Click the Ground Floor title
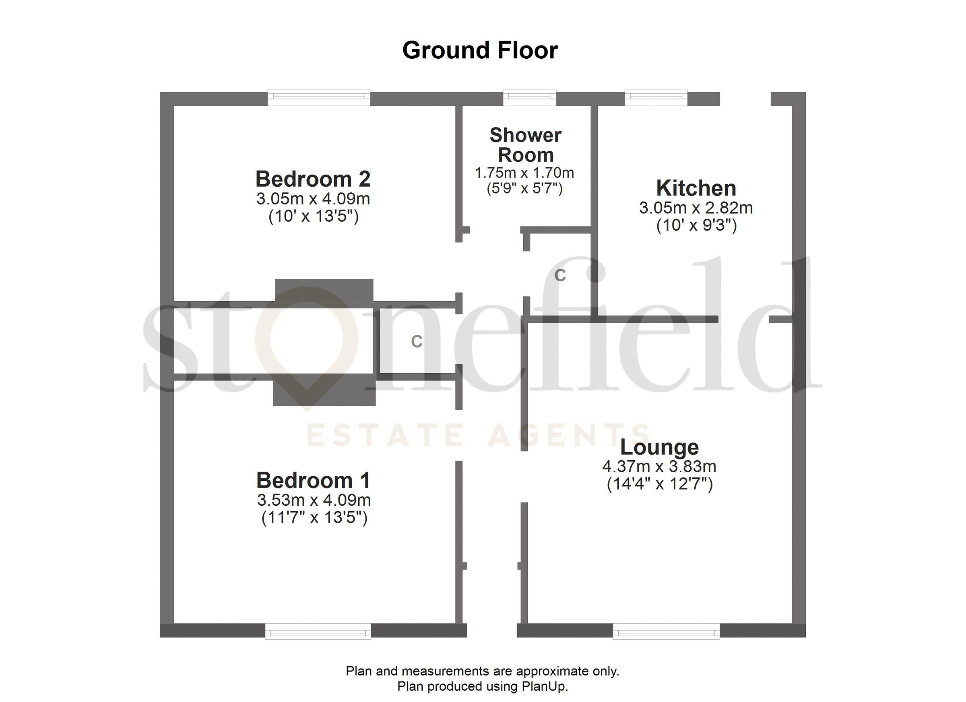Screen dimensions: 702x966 point(480,51)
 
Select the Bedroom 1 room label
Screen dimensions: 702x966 point(314,481)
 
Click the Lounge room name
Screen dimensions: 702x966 point(659,447)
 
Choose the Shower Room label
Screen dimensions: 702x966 point(526,145)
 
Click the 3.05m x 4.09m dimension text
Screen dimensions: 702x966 point(313,199)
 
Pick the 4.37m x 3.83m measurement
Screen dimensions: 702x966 point(659,467)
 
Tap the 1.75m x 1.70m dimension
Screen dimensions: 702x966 point(524,173)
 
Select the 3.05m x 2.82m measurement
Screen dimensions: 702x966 point(696,208)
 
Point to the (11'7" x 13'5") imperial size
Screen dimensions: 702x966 point(314,518)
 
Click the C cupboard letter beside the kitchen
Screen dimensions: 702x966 point(560,276)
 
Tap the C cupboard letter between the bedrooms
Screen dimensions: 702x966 point(417,342)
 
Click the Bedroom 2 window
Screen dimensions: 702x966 point(319,98)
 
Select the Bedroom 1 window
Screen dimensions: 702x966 point(318,631)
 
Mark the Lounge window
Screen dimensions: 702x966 point(666,631)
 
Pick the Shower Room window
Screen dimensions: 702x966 point(529,98)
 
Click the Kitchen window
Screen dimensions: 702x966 point(656,98)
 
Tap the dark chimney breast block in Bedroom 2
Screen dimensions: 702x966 point(324,291)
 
